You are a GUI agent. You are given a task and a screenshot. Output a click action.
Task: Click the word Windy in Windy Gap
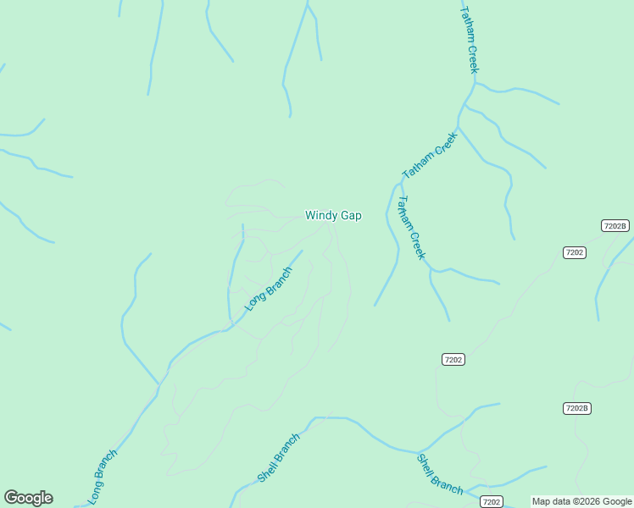(x=321, y=216)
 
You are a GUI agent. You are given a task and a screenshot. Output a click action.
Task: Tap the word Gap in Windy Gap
(x=351, y=216)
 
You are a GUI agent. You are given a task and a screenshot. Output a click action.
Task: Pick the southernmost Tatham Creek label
(x=411, y=228)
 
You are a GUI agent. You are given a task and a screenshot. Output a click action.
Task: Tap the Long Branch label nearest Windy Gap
(x=268, y=289)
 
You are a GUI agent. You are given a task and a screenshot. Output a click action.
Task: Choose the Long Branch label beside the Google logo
(x=103, y=478)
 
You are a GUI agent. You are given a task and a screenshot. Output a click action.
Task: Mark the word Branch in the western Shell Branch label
(x=288, y=445)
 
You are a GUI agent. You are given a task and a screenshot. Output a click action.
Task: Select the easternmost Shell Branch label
(x=439, y=474)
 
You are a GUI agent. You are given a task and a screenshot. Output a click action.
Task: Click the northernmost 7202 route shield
(x=574, y=252)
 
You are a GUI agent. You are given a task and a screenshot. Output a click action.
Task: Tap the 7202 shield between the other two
(x=453, y=360)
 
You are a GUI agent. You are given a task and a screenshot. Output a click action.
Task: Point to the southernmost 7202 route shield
(x=491, y=502)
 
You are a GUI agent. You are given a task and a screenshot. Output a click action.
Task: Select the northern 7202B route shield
(x=615, y=226)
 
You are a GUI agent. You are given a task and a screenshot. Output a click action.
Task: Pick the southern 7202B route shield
(x=576, y=408)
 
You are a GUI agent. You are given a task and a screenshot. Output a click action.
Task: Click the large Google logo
(x=28, y=498)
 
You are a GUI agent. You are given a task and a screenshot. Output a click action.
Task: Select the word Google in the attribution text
(x=617, y=501)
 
